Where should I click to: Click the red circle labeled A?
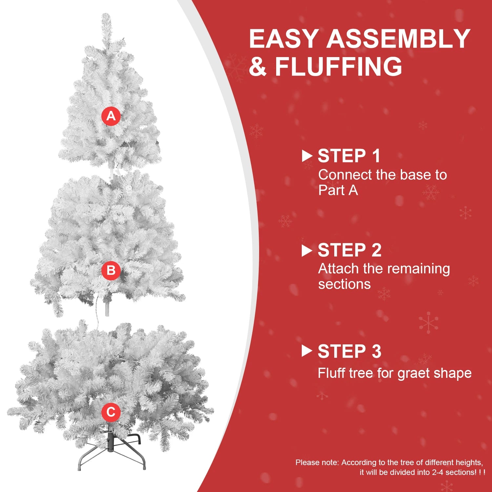tap(111, 116)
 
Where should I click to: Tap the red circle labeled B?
tap(111, 271)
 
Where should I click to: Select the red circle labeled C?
tap(111, 412)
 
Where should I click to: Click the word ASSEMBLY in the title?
tap(398, 39)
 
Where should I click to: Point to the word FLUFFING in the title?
tap(338, 67)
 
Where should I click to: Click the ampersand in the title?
tap(258, 67)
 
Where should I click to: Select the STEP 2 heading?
tap(349, 250)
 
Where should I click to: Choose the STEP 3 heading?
tap(349, 351)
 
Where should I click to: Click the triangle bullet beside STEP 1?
tap(306, 156)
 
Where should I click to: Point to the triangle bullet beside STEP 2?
tap(306, 251)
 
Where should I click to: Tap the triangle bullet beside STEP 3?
tap(306, 351)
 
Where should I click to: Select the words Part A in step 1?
tap(338, 191)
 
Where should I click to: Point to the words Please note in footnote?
tap(317, 462)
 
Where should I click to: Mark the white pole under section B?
tap(107, 308)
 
